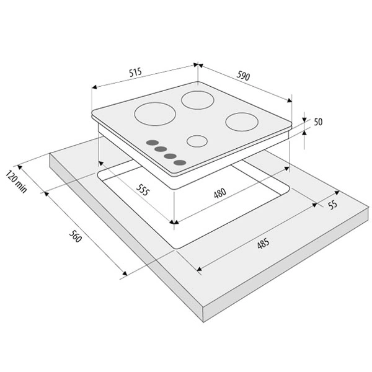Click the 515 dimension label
tap(135, 72)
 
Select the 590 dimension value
tap(243, 76)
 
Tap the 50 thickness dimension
tap(318, 122)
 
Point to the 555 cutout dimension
tap(143, 190)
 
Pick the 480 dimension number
tap(220, 193)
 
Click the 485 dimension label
tap(263, 244)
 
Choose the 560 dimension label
tap(76, 236)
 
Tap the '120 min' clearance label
tap(16, 181)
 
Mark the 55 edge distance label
tap(332, 205)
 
